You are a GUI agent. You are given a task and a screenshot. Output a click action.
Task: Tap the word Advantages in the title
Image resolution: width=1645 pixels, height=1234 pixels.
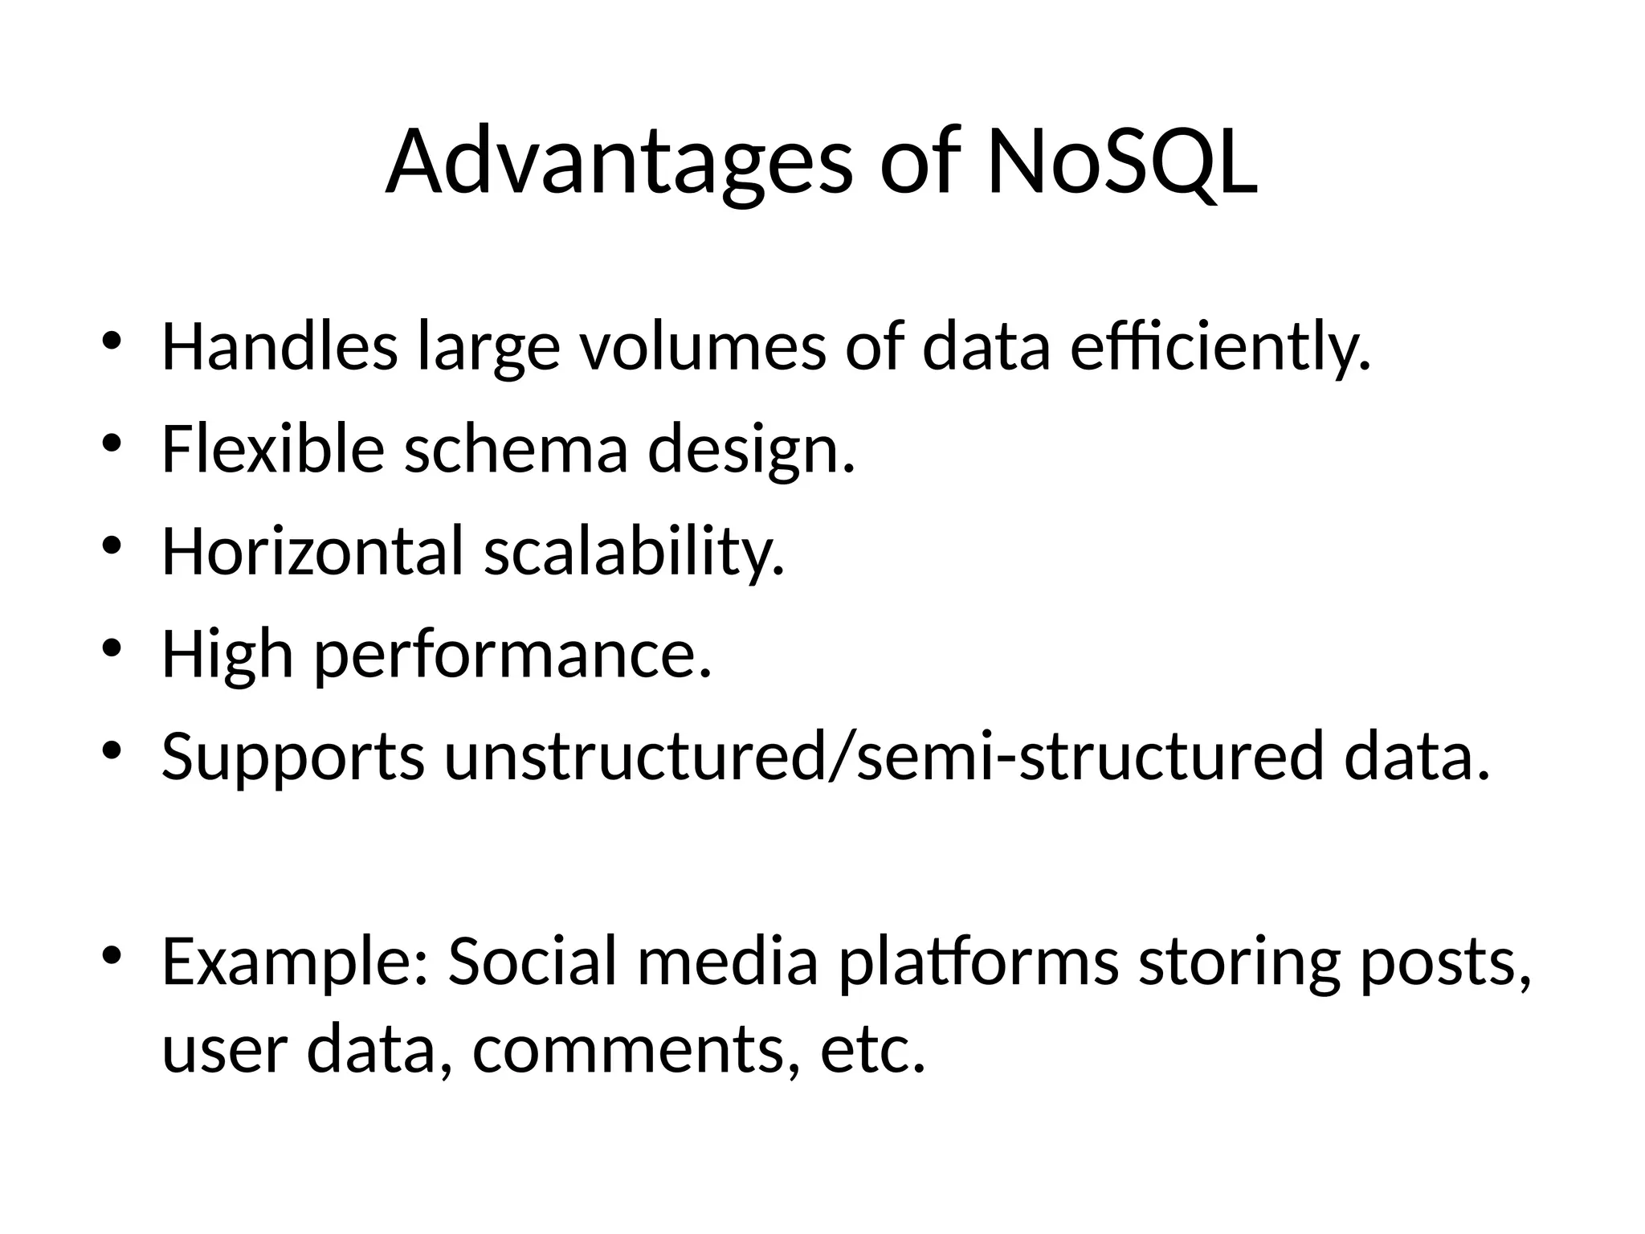coord(618,165)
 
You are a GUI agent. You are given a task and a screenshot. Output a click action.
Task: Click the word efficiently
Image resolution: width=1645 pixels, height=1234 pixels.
coord(1220,347)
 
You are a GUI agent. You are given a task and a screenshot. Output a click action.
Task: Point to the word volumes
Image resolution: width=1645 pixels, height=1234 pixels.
coord(703,347)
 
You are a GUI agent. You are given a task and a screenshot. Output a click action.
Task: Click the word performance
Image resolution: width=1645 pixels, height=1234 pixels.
coord(512,655)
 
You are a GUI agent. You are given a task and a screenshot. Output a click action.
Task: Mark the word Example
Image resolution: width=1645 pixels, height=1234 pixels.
coord(296,962)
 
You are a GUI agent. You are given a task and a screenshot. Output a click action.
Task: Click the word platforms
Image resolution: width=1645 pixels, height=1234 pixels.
coord(978,962)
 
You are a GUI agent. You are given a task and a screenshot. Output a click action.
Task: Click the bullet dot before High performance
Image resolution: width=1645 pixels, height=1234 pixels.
coord(111,647)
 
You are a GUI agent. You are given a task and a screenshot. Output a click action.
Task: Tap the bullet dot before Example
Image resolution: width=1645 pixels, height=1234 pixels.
coord(111,954)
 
